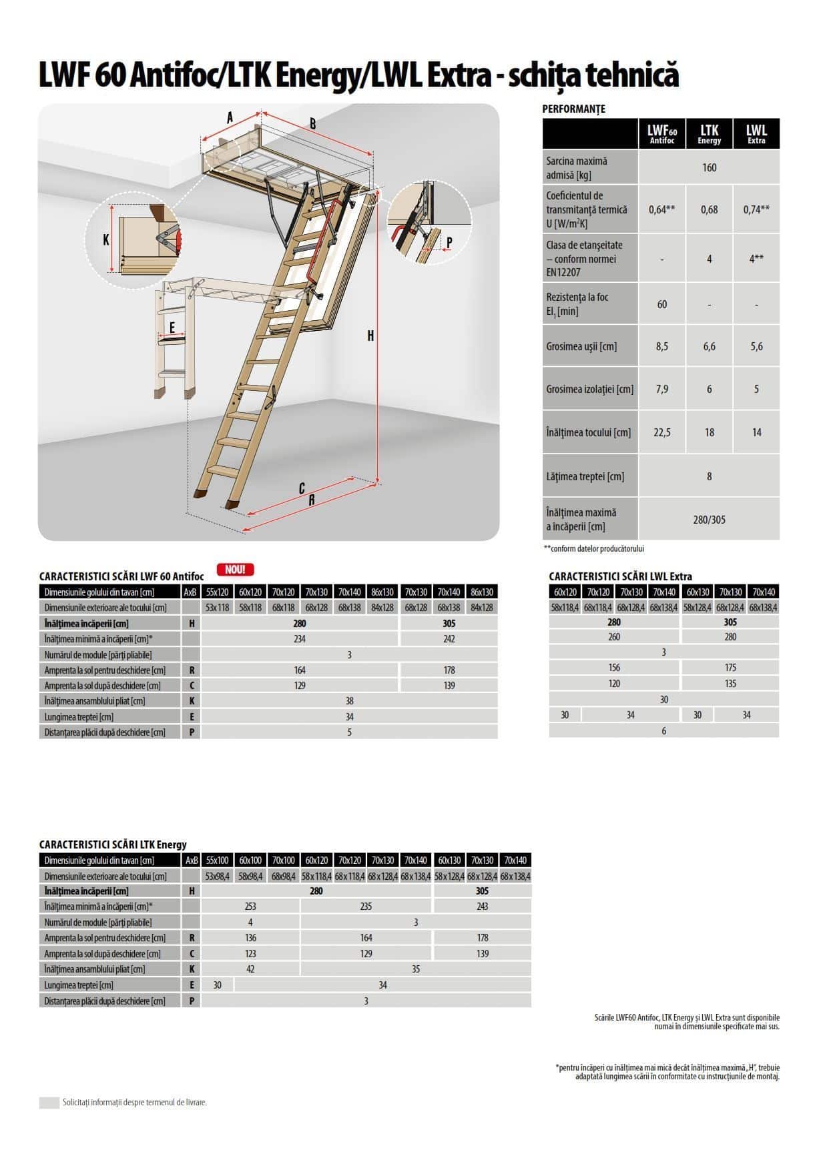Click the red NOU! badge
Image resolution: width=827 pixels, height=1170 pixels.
coord(235,570)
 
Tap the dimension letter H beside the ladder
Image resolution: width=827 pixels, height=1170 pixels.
coord(371,336)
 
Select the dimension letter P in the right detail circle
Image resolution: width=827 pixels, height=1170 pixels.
coord(449,243)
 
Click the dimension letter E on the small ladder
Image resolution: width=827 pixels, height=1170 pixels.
coord(172,328)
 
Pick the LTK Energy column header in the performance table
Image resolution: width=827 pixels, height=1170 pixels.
coord(709,134)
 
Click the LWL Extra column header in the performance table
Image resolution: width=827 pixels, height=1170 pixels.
coord(756,134)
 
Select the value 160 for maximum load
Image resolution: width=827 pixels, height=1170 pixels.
coord(709,167)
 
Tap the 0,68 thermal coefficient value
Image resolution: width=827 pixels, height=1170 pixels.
coord(709,209)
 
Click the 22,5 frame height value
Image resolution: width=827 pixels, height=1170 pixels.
coord(661,432)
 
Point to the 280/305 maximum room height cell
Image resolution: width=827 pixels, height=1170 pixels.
coord(709,520)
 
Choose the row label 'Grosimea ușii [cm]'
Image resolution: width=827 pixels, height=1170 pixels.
coord(581,347)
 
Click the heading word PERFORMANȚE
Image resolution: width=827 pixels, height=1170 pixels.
coord(573,109)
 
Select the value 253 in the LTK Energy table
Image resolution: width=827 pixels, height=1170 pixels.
coord(250,907)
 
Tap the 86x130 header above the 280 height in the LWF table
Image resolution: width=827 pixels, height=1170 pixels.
coord(382,592)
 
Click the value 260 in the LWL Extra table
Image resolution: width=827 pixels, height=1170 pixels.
coord(614,637)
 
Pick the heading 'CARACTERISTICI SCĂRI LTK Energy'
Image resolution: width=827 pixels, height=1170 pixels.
coord(113,844)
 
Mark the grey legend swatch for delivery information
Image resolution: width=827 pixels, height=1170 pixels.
coord(49,1103)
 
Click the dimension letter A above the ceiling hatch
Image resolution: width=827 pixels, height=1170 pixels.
coord(230,118)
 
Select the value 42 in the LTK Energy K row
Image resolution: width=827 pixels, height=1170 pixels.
coord(250,969)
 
